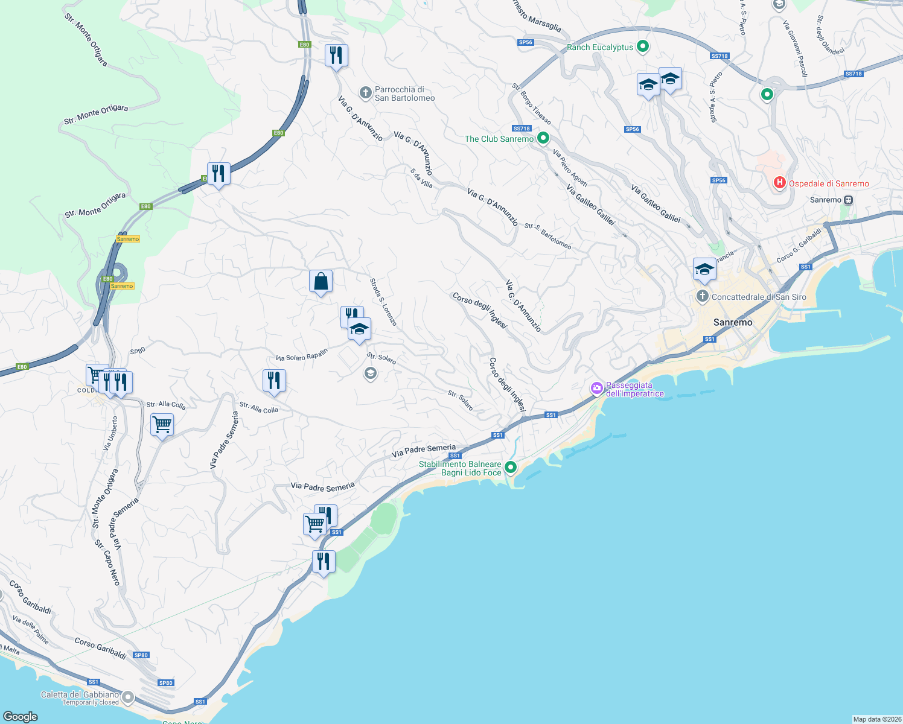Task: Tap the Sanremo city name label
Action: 733,323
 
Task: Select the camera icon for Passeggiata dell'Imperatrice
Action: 597,389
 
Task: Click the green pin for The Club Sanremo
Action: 543,139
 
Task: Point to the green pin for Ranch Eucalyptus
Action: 643,46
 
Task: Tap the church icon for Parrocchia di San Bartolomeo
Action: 365,93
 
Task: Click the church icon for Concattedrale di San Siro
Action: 702,296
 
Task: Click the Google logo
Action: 21,716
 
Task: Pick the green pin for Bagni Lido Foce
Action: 511,468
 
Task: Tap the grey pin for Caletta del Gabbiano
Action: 128,698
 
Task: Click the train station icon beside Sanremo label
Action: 849,200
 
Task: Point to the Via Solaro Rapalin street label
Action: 301,355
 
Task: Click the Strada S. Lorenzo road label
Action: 383,302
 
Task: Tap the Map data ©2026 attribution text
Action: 876,719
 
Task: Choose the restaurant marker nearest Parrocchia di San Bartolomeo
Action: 336,56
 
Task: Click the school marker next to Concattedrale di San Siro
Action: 704,270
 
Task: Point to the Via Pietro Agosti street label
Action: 570,168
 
